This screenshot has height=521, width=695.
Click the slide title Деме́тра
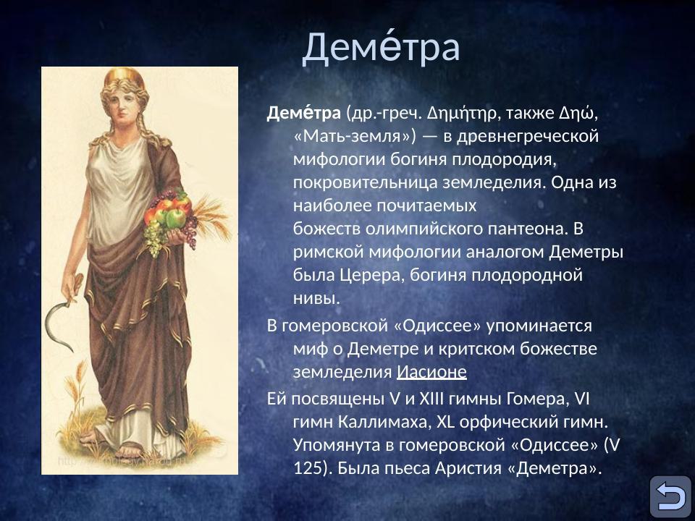(x=381, y=47)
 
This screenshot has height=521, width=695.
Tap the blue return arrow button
(x=670, y=496)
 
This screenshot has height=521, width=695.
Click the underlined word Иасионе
(x=431, y=372)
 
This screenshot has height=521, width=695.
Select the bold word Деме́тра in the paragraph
(x=304, y=114)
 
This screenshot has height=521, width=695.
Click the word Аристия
(x=468, y=467)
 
